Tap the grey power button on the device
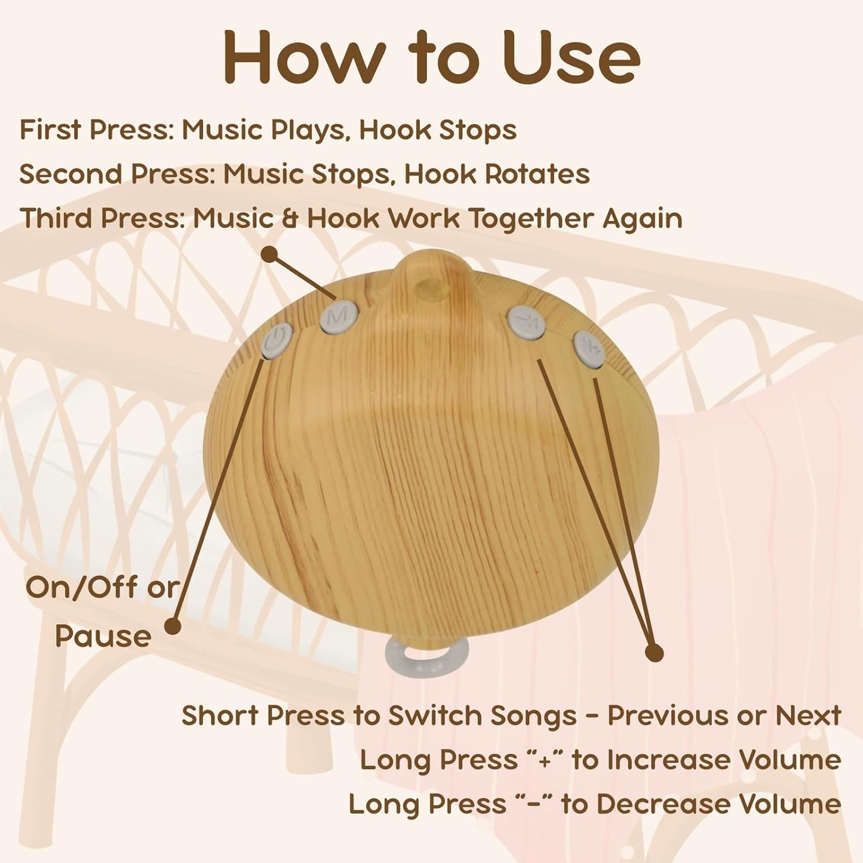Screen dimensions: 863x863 click(277, 341)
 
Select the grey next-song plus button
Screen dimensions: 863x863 click(589, 349)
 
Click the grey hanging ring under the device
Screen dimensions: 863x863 click(427, 656)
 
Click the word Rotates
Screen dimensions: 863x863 click(538, 174)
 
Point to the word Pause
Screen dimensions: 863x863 click(103, 636)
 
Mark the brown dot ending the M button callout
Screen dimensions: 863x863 click(269, 255)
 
